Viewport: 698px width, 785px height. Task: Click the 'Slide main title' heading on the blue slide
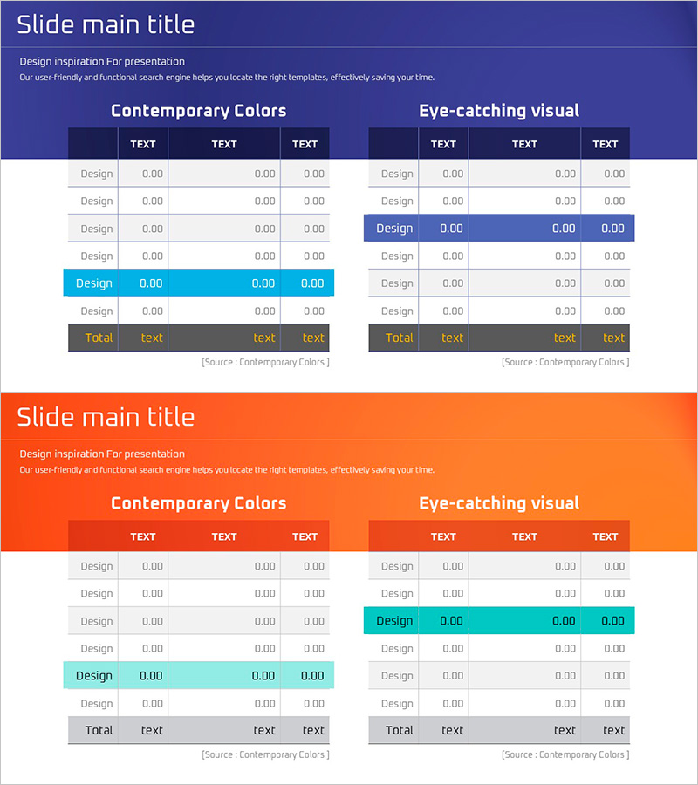[106, 24]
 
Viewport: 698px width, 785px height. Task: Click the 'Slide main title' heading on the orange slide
[106, 417]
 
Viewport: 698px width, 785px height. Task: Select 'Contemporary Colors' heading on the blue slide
[199, 111]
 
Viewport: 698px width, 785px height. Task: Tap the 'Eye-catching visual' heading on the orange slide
[499, 503]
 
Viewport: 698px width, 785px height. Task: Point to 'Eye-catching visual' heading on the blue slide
[499, 111]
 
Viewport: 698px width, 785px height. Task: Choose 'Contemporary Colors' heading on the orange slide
[199, 503]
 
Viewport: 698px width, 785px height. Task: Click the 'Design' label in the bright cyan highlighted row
[94, 283]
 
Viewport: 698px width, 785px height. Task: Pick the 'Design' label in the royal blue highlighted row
[394, 229]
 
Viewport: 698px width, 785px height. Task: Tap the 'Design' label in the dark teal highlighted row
[394, 621]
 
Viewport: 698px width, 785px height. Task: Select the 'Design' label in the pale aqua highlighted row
[94, 676]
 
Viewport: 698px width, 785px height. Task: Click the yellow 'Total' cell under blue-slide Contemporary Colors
[99, 338]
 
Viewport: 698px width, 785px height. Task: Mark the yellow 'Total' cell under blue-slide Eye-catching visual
[399, 338]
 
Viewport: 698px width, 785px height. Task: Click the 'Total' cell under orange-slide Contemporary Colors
[99, 731]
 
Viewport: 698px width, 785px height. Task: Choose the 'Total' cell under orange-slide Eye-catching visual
[399, 731]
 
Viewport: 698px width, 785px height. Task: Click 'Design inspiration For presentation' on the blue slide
[102, 62]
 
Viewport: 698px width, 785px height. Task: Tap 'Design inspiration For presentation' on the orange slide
[102, 454]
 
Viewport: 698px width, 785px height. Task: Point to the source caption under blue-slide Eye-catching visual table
[565, 362]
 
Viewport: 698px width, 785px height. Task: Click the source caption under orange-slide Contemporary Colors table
[265, 754]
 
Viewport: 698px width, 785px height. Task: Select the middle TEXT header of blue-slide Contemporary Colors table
[224, 145]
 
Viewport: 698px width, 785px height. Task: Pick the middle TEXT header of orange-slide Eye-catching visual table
[524, 537]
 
